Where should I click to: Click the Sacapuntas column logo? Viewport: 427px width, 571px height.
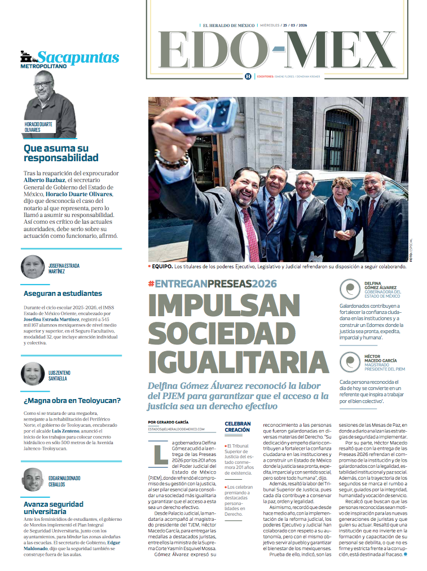coord(69,58)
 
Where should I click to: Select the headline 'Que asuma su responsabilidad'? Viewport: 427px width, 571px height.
coord(61,153)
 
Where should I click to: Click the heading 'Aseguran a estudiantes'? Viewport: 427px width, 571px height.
coord(63,293)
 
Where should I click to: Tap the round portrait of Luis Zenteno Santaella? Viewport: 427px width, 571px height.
coord(33,374)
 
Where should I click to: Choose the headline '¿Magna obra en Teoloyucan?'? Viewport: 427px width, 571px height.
coord(72,401)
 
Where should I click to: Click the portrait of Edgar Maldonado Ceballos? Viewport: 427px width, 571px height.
coord(33,480)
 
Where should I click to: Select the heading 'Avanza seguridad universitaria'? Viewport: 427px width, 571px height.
coord(53,508)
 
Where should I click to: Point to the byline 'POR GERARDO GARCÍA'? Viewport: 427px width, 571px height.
coord(168,422)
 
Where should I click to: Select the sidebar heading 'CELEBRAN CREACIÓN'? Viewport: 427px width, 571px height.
coord(237,427)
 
